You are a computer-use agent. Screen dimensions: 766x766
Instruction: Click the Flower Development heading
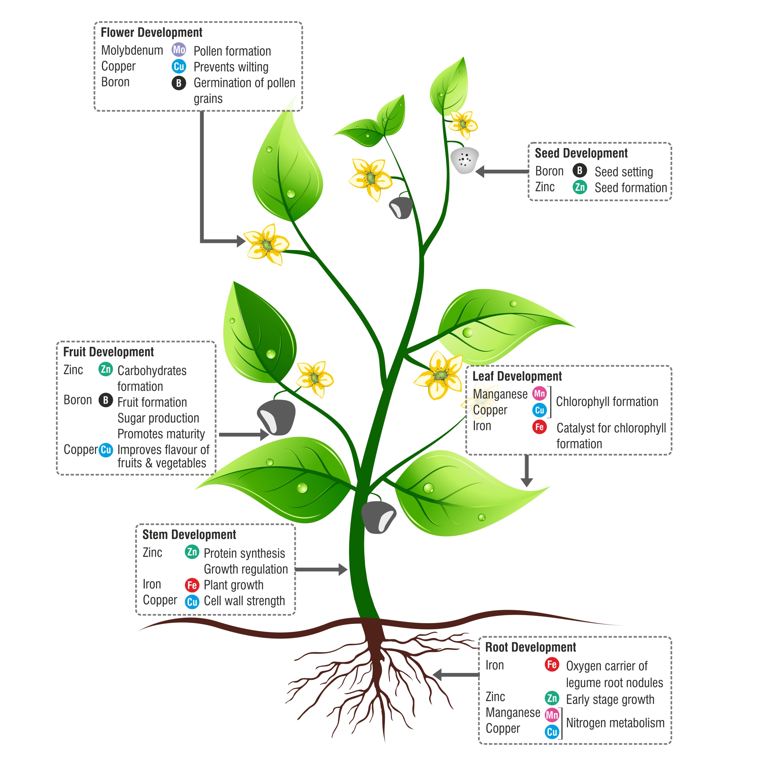[151, 33]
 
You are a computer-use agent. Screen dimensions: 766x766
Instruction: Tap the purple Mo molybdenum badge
[179, 50]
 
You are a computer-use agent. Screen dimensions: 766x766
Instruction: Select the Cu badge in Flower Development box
[179, 66]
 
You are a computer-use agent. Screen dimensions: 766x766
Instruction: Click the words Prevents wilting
[231, 67]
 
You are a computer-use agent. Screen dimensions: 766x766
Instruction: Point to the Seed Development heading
[581, 154]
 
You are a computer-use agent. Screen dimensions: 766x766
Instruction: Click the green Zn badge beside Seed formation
[579, 187]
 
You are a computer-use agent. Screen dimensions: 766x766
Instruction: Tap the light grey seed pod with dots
[464, 160]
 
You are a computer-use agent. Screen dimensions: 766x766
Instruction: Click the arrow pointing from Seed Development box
[502, 172]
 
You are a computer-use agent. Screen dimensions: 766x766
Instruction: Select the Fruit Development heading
[108, 352]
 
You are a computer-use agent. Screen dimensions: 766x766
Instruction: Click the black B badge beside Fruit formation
[105, 401]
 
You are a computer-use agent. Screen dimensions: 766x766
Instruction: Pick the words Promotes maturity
[161, 434]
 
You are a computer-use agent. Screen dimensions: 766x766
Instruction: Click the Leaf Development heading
[517, 376]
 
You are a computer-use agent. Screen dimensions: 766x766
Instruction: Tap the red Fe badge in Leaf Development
[539, 427]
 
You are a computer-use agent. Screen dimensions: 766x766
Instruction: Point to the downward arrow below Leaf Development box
[527, 472]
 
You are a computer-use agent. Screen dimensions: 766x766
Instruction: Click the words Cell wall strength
[244, 601]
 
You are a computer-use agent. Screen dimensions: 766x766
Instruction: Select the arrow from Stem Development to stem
[321, 570]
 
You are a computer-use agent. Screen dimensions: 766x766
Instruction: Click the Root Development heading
[530, 647]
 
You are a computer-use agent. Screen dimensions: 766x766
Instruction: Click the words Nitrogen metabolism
[615, 723]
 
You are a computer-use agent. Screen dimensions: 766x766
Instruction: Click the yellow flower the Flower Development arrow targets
[267, 244]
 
